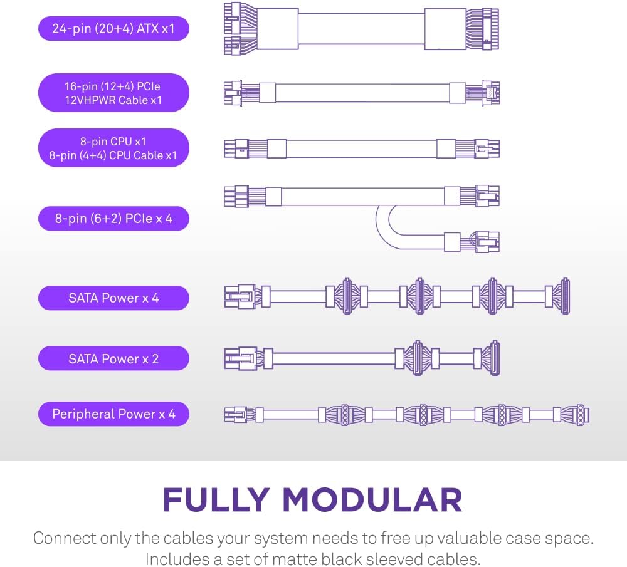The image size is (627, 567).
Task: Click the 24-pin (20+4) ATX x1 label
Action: pyautogui.click(x=113, y=28)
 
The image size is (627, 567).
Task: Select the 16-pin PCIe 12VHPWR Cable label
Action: pyautogui.click(x=113, y=93)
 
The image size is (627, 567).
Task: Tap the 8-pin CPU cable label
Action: pyautogui.click(x=113, y=148)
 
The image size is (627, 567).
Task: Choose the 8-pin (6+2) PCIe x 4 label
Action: pyautogui.click(x=113, y=219)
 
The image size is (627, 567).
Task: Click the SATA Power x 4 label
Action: pyautogui.click(x=113, y=298)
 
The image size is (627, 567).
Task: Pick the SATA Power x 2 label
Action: pyautogui.click(x=113, y=358)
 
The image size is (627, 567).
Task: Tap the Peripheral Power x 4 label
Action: pyautogui.click(x=113, y=414)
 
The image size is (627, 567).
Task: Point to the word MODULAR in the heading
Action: pyautogui.click(x=372, y=499)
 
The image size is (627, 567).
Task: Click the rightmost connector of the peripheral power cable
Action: pyautogui.click(x=581, y=414)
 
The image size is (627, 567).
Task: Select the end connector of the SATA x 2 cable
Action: pyautogui.click(x=495, y=358)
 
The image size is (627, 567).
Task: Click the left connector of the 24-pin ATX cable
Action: pyautogui.click(x=238, y=29)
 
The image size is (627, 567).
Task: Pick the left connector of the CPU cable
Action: pyautogui.click(x=237, y=148)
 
